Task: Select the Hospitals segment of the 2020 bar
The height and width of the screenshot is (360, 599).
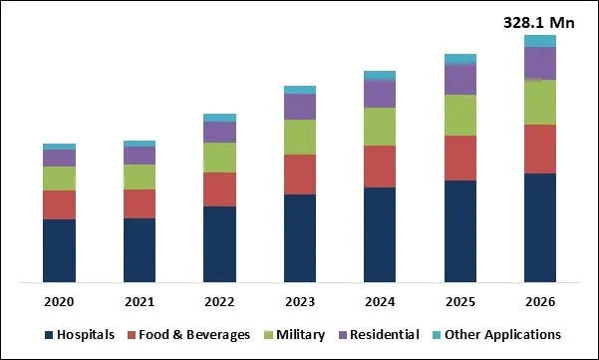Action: [x=59, y=250]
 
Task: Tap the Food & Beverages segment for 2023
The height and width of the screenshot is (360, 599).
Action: [x=300, y=175]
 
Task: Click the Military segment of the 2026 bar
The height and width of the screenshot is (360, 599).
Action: [x=539, y=102]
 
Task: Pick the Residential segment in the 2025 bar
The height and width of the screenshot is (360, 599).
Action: [x=459, y=79]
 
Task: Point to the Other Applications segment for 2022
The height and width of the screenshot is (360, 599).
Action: [x=219, y=118]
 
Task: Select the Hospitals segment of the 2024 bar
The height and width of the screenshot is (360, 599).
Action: [x=380, y=234]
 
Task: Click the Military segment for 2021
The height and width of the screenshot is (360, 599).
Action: [x=140, y=177]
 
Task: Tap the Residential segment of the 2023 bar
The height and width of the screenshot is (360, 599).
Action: [x=300, y=107]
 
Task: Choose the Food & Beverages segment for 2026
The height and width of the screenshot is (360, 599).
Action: [x=539, y=149]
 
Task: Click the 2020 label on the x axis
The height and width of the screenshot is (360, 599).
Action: [x=59, y=301]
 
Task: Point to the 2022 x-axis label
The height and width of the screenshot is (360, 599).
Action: [x=219, y=301]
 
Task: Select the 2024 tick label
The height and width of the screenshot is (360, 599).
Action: [x=380, y=301]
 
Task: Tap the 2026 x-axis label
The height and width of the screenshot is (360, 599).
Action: [x=539, y=301]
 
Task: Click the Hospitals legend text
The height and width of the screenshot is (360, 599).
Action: [x=87, y=335]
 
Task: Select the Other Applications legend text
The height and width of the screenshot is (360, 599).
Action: [x=502, y=335]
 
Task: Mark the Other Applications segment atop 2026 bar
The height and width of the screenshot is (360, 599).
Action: [x=539, y=41]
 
